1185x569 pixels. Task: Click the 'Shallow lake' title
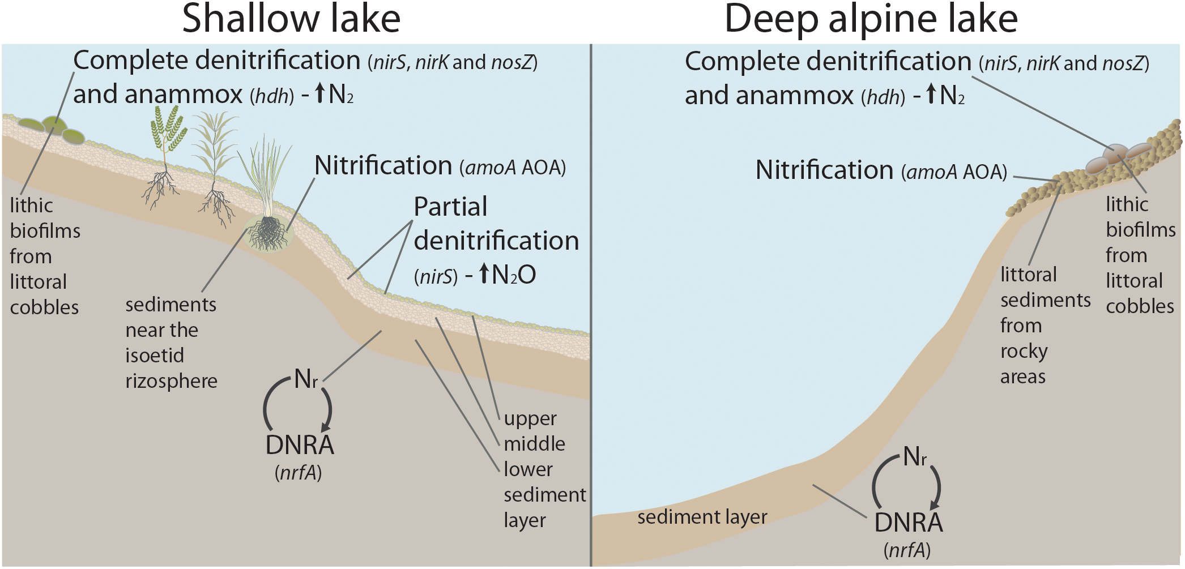pos(291,19)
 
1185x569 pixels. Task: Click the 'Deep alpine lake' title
pos(871,19)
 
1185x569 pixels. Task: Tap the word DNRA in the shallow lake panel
pos(300,445)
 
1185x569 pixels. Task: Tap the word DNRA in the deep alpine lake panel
pos(909,523)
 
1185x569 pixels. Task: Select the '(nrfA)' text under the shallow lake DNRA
pos(299,472)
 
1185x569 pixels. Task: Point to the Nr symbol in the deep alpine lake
pos(914,456)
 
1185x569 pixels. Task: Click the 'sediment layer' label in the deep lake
pos(702,517)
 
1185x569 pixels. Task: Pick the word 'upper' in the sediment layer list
pos(530,418)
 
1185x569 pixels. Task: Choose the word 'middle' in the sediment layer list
pos(534,444)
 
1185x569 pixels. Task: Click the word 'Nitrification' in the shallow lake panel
pos(383,166)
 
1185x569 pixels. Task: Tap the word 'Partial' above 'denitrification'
pos(450,207)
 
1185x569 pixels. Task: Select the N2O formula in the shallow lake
pos(513,275)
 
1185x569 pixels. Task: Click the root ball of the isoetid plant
pos(268,233)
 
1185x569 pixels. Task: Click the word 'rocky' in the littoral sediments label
pos(1024,352)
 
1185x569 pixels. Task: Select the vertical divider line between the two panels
pos(591,306)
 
